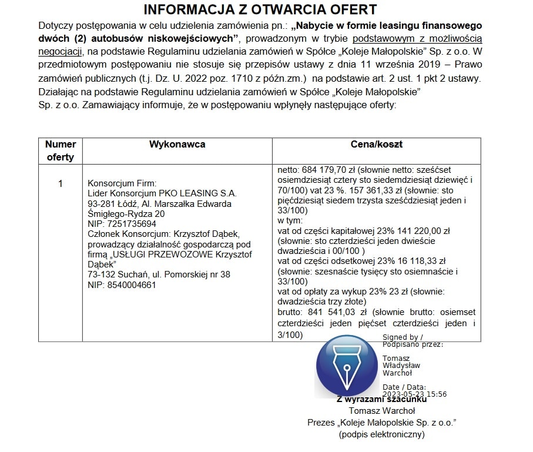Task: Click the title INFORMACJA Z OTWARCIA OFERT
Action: click(260, 10)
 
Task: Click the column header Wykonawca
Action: click(177, 145)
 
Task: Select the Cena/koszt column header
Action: click(376, 145)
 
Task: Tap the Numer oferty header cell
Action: click(61, 150)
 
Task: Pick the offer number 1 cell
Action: click(61, 184)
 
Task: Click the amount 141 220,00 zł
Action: click(421, 230)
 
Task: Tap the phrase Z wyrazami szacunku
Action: click(381, 400)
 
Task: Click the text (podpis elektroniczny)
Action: click(381, 435)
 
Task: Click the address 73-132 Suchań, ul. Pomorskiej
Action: click(159, 274)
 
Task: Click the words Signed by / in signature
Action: click(402, 337)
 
